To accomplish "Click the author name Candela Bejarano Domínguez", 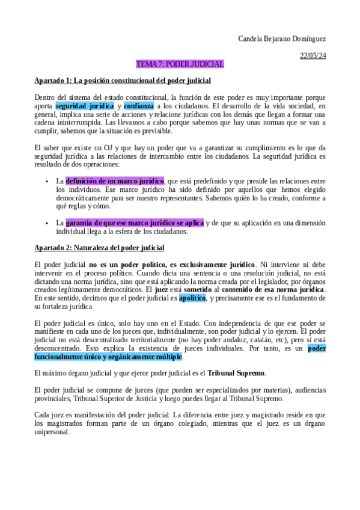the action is click(282, 39).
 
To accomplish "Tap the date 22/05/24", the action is click(313, 55).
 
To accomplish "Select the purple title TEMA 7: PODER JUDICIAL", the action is click(180, 64).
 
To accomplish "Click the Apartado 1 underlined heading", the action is click(123, 80).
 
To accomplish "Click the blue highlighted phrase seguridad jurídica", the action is click(84, 106).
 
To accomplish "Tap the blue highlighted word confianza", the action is click(139, 106).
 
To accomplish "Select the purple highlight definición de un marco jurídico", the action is click(115, 180).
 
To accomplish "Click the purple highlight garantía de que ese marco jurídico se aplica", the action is click(135, 223).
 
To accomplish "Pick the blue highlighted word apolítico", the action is click(192, 298).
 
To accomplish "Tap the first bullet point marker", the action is click(47, 181).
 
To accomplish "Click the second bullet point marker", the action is click(47, 223).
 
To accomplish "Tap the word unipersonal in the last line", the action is click(52, 431).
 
